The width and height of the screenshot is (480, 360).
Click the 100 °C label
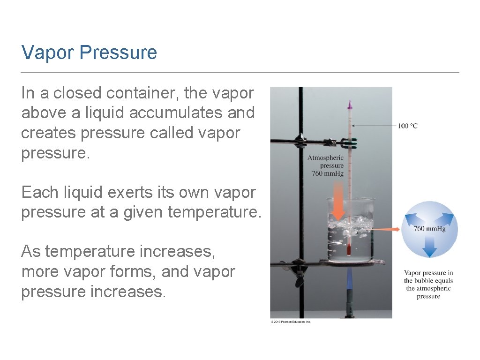click(407, 126)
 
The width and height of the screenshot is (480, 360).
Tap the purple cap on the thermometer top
click(349, 103)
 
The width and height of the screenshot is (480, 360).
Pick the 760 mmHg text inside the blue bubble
click(429, 229)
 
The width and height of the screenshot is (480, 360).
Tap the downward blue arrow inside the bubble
click(429, 247)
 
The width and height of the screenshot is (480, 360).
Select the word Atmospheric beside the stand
click(325, 158)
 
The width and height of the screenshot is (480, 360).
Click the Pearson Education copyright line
click(291, 322)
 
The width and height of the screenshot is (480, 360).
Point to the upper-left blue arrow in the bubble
click(412, 217)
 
